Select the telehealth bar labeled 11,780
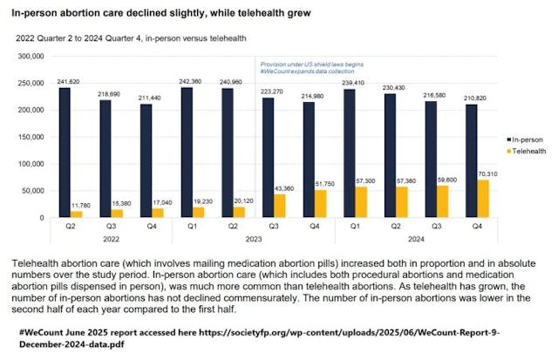(x=76, y=213)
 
